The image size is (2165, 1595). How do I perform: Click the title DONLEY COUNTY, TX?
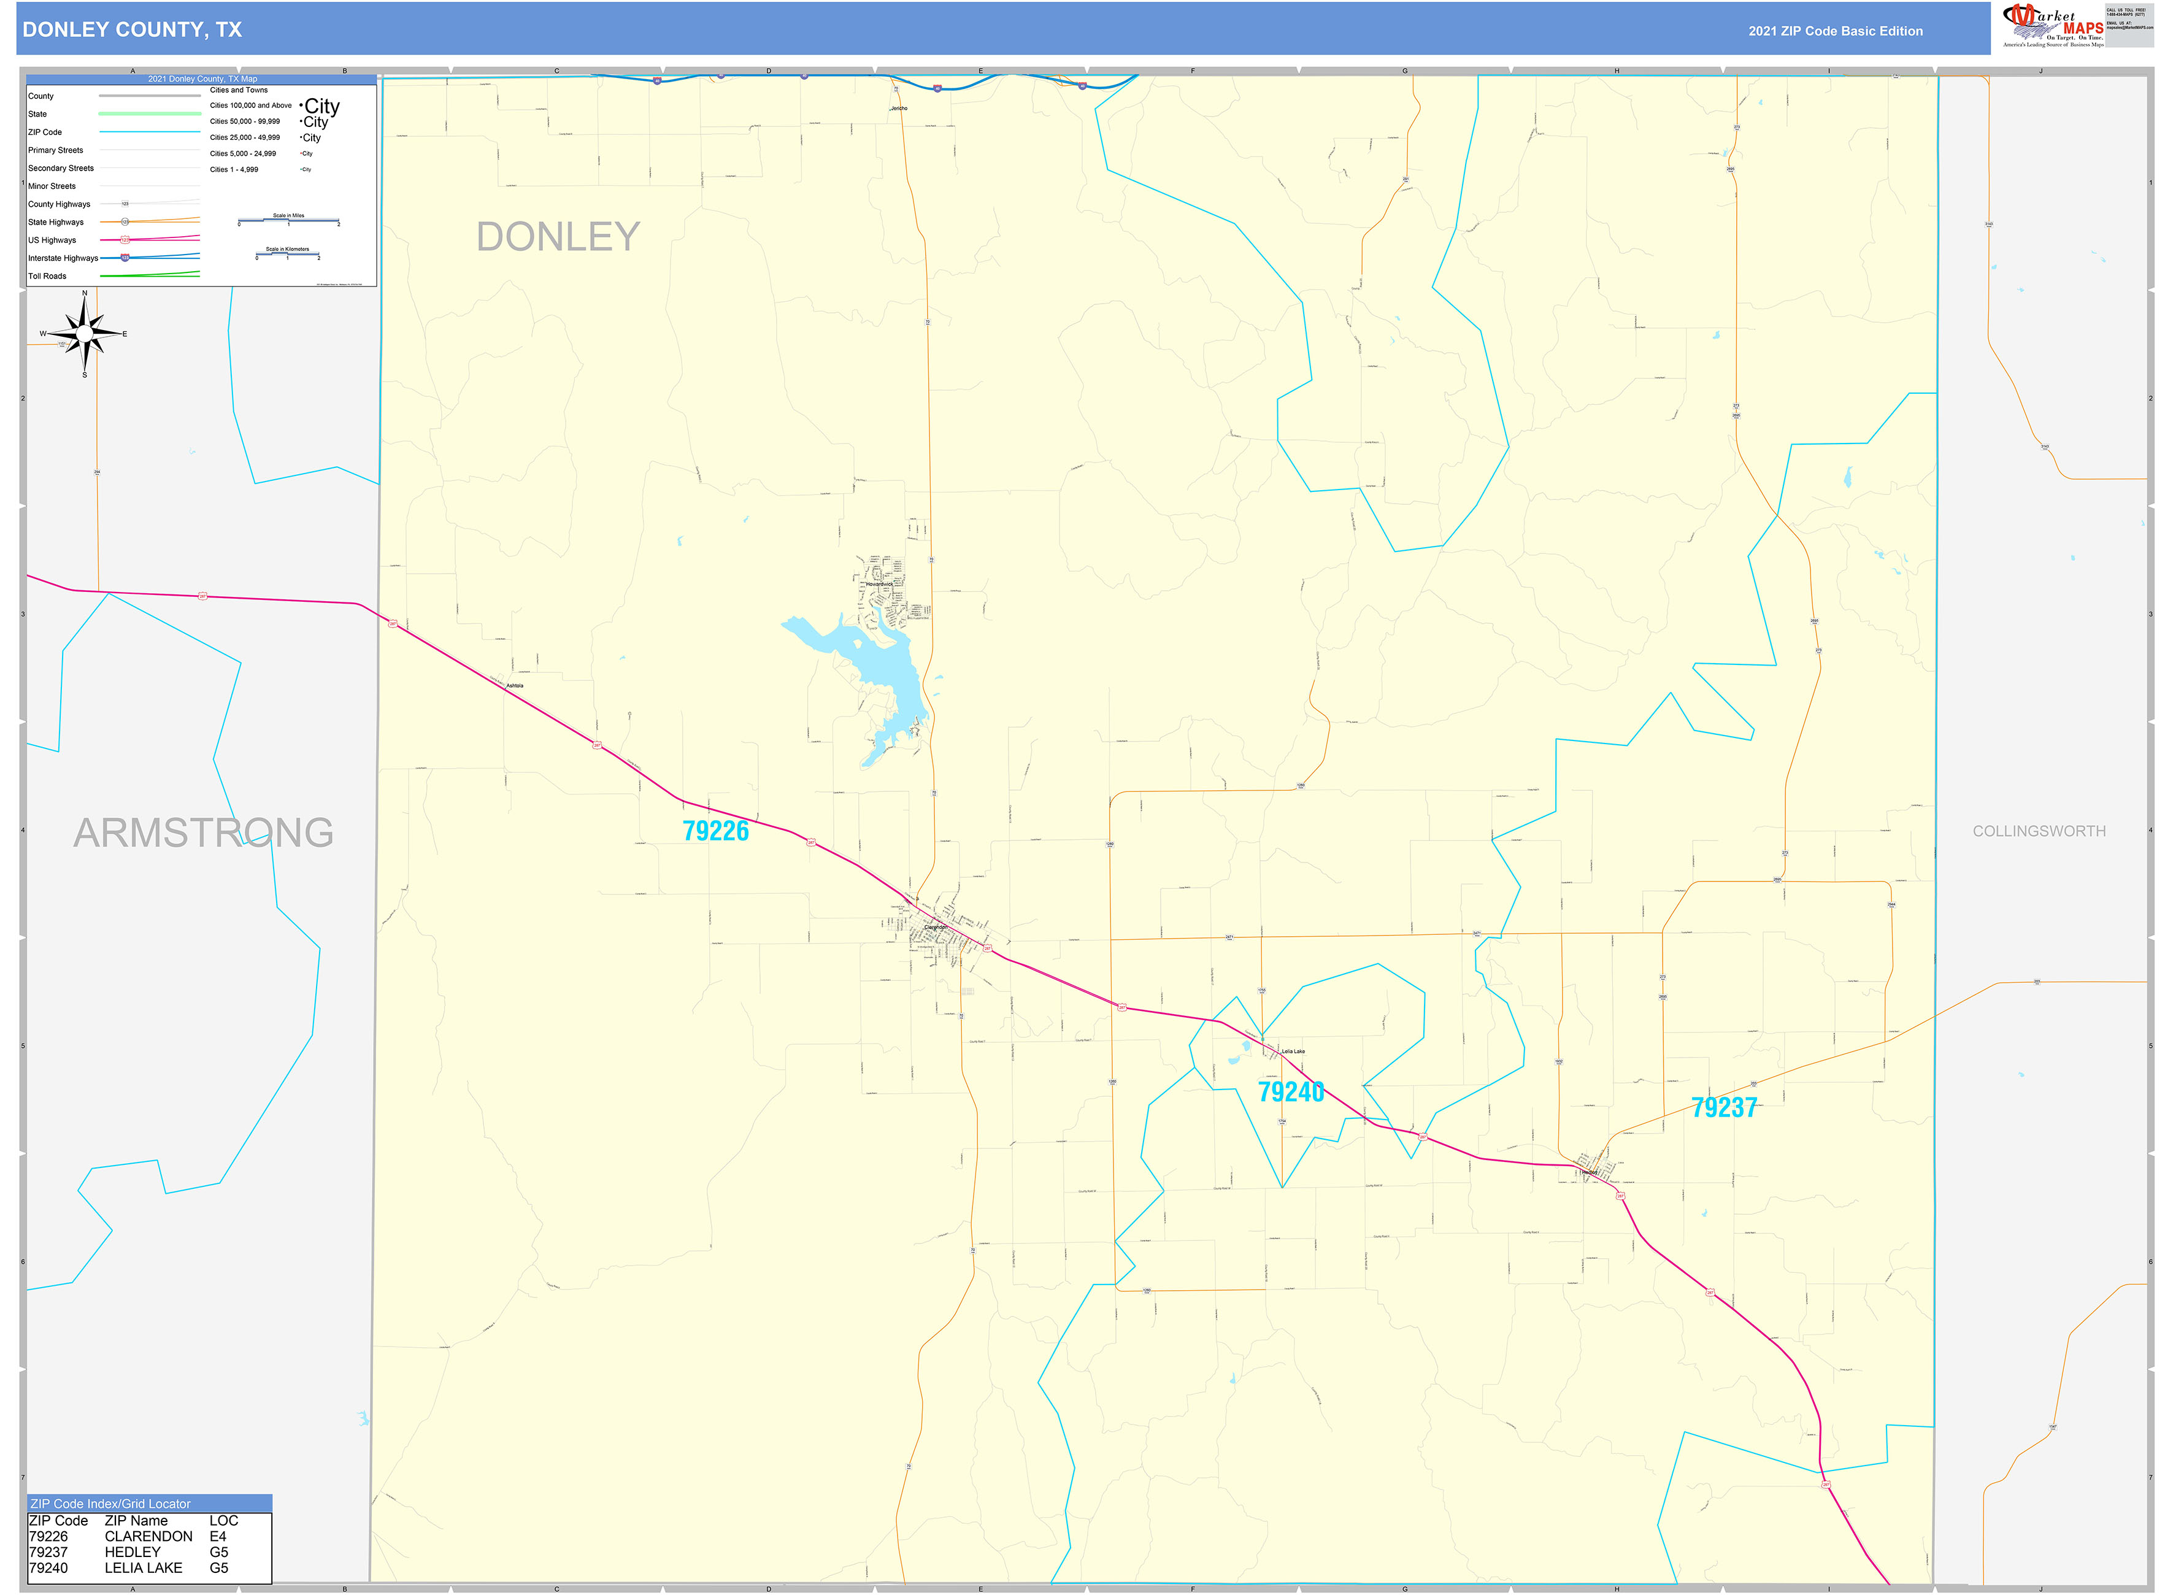pyautogui.click(x=133, y=30)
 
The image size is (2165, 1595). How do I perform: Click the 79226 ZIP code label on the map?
pyautogui.click(x=715, y=831)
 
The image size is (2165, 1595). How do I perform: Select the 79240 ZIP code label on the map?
pyautogui.click(x=1291, y=1092)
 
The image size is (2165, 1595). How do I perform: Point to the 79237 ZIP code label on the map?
pyautogui.click(x=1724, y=1107)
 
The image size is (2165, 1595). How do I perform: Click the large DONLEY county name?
pyautogui.click(x=558, y=237)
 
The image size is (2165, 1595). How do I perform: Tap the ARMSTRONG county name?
pyautogui.click(x=204, y=832)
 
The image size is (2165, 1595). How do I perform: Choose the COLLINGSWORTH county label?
pyautogui.click(x=2039, y=831)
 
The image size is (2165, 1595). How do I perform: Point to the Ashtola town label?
pyautogui.click(x=515, y=685)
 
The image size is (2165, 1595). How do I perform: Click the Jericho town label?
pyautogui.click(x=899, y=108)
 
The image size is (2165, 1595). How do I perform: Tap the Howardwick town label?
pyautogui.click(x=879, y=584)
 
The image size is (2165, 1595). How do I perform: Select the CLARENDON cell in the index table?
pyautogui.click(x=148, y=1536)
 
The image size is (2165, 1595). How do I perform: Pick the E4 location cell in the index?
pyautogui.click(x=218, y=1536)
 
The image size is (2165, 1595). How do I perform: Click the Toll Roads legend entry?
pyautogui.click(x=47, y=276)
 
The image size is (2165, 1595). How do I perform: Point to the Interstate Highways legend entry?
pyautogui.click(x=63, y=258)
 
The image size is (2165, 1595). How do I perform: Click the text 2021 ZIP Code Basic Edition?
pyautogui.click(x=1835, y=31)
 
